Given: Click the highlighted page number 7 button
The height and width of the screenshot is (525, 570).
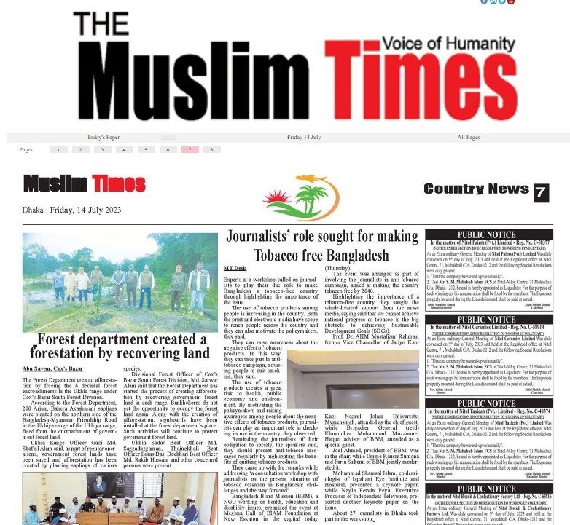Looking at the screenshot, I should point(190,150).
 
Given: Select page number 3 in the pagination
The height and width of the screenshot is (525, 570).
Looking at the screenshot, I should point(102,150).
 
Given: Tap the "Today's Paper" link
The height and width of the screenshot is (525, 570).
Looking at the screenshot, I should point(104,137).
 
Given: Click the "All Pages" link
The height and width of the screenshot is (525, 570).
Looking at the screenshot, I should point(469,137).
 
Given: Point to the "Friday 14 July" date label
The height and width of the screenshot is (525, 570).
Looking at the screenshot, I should point(304,137).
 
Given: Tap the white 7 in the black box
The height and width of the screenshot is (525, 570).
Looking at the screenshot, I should point(540,192).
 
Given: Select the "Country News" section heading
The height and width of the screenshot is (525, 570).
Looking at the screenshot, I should point(476,189).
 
